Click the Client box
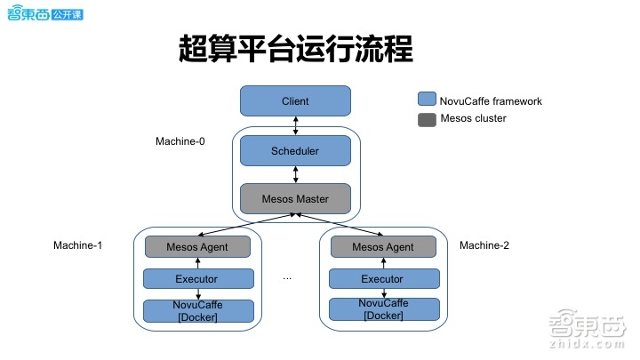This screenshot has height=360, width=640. click(294, 101)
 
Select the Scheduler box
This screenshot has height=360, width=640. click(294, 151)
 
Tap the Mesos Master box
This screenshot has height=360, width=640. click(294, 198)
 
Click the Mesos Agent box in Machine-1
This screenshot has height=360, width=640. click(197, 247)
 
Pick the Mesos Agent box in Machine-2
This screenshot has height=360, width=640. click(382, 247)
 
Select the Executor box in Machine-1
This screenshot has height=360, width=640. click(197, 279)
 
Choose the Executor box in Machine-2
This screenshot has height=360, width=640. click(382, 279)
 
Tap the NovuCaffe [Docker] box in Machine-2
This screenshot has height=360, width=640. click(382, 310)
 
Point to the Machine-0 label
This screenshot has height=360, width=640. click(180, 141)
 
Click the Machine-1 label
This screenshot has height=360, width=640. click(77, 244)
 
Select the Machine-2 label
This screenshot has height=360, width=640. click(484, 244)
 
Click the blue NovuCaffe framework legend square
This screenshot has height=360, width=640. click(427, 100)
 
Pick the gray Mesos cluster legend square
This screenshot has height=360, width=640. click(427, 119)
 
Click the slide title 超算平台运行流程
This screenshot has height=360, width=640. click(296, 49)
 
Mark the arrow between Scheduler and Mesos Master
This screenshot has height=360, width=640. click(295, 175)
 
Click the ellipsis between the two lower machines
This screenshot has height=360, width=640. click(287, 278)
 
